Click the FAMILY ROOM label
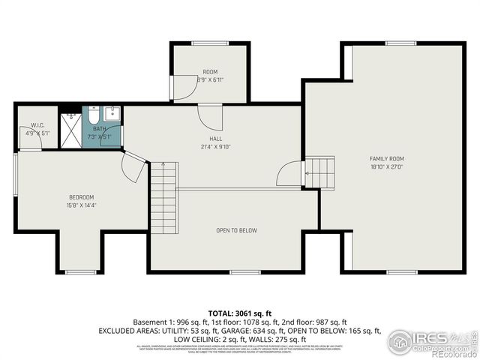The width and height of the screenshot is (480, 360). (x=386, y=158)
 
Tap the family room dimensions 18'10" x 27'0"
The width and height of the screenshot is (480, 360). (x=386, y=167)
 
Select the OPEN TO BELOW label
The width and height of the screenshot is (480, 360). (x=236, y=230)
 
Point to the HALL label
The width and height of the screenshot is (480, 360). (x=215, y=139)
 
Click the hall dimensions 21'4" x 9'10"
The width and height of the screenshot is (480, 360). (x=215, y=147)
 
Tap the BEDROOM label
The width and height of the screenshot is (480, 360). (x=81, y=197)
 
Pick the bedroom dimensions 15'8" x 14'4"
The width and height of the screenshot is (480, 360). (x=81, y=205)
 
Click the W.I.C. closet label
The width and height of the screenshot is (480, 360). (x=37, y=125)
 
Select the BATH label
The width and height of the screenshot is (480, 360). (x=99, y=129)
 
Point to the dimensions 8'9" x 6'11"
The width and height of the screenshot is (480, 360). (x=210, y=79)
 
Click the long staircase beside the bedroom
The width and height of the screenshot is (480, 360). (x=163, y=199)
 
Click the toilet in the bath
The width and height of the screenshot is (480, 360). (x=92, y=115)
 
